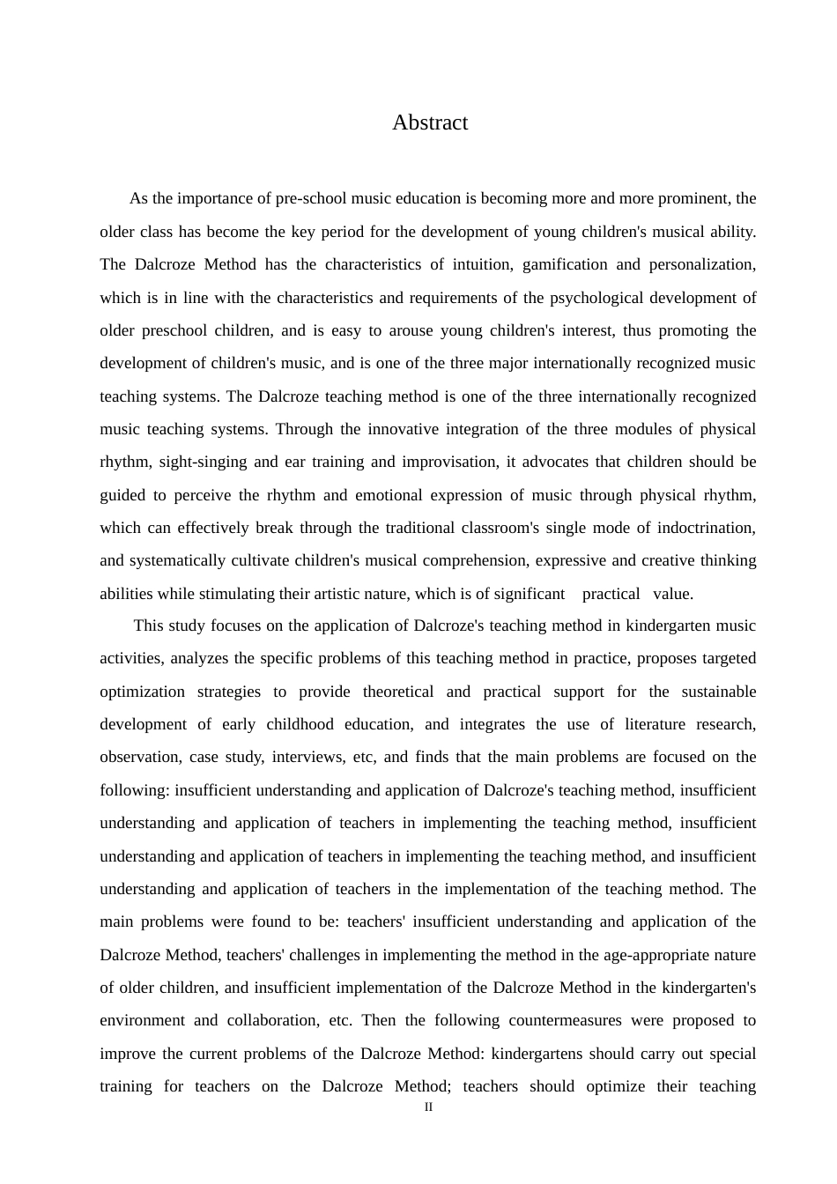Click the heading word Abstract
tap(430, 122)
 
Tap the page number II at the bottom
tap(428, 1107)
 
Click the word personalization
tap(704, 264)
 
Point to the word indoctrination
tap(704, 528)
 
